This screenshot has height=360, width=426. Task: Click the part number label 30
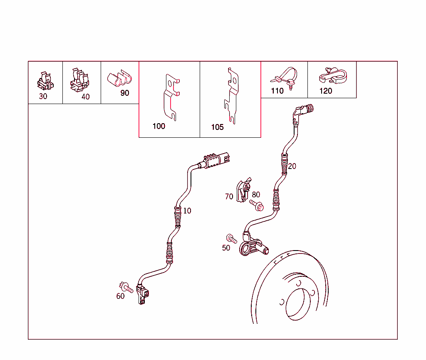pos(43,96)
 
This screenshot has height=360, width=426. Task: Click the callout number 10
pos(187,211)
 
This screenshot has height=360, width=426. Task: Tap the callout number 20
pos(292,166)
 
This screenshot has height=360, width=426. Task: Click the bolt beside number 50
pos(231,238)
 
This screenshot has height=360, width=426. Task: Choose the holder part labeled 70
pos(242,190)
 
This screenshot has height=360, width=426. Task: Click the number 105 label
pos(217,127)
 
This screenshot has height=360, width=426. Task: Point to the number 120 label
pos(326,91)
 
